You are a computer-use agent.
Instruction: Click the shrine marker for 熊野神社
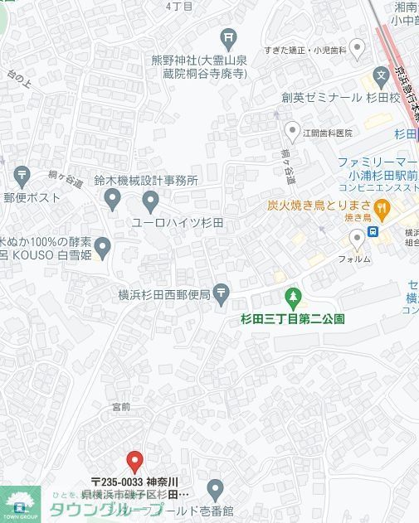click(229, 37)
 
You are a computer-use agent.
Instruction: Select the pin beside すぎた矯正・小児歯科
click(358, 50)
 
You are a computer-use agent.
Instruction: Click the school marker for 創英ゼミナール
click(381, 77)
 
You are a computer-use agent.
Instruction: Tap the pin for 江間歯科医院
click(292, 131)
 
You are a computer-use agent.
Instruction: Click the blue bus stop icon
click(374, 231)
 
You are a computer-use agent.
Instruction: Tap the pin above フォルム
click(358, 240)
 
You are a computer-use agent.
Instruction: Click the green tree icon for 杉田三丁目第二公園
click(292, 296)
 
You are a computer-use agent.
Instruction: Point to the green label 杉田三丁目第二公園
click(292, 318)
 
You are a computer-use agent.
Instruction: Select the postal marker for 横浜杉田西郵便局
click(222, 292)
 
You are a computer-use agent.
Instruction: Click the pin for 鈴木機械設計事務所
click(113, 198)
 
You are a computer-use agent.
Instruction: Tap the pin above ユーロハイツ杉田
click(150, 201)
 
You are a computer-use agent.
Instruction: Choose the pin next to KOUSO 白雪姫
click(103, 246)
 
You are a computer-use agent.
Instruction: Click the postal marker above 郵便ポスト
click(22, 176)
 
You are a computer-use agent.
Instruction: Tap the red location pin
click(134, 462)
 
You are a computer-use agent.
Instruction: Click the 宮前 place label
click(121, 406)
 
